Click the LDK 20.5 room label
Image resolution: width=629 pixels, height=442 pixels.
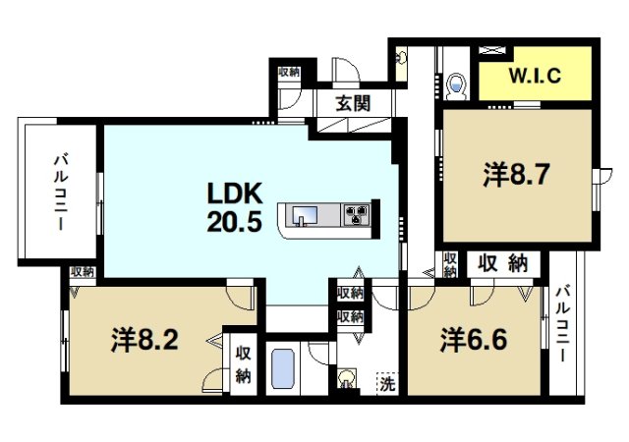(234, 206)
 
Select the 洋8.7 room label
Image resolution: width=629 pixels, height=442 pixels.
(514, 175)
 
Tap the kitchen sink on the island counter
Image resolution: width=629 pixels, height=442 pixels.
(302, 215)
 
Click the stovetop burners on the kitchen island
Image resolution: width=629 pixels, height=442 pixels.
(354, 214)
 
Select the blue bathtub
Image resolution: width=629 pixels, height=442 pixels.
(284, 370)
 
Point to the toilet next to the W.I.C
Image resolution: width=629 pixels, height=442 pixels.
(456, 87)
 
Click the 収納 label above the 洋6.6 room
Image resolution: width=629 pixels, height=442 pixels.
(504, 263)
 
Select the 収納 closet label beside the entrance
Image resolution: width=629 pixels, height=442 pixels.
(288, 73)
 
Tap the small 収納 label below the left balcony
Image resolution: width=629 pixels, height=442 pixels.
(82, 271)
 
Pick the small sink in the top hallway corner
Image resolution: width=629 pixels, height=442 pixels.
(400, 58)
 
